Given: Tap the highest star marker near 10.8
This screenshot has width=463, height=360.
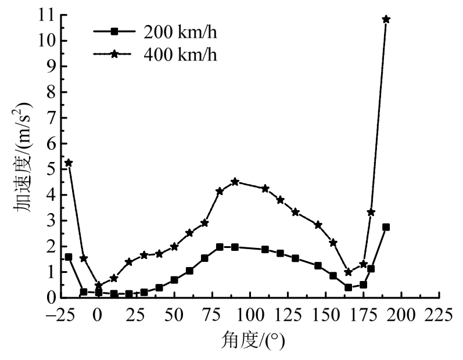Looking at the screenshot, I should point(386,19).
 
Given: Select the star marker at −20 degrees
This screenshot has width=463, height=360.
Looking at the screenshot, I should point(69,163).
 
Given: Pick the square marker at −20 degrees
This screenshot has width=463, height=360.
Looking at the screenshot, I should point(69,257).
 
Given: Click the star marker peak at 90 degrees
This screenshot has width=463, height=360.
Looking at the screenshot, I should point(235,182).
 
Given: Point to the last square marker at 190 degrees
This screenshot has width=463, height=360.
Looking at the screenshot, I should point(386,227).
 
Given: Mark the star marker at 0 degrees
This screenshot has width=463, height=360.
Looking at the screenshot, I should point(99,285).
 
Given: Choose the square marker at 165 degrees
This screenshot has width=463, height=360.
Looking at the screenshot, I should point(348,287).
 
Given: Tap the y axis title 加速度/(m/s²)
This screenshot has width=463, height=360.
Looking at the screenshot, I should point(22,157).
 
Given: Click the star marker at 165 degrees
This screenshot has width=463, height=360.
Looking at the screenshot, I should point(348,272).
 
